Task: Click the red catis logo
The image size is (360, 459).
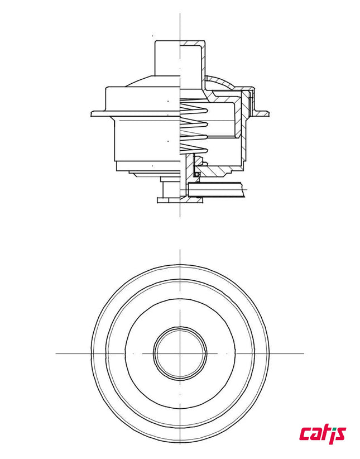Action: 323,433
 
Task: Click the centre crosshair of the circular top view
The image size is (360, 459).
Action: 180,353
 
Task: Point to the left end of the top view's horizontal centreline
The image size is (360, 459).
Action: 56,353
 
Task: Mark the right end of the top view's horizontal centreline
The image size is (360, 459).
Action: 304,353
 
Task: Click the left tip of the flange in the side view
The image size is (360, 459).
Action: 93,114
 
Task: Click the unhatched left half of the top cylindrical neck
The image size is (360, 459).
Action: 167,59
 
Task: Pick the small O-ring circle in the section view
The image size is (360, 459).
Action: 197,174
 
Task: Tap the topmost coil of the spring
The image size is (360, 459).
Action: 193,106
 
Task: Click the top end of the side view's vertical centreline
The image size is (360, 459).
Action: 180,12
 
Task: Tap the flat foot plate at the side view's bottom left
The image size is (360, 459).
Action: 168,199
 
